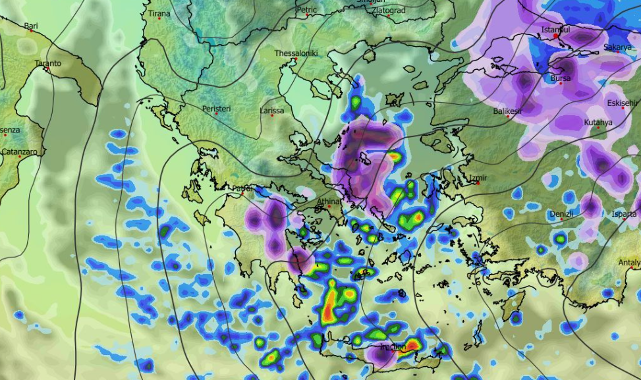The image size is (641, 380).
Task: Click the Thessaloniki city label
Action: pyautogui.click(x=296, y=53)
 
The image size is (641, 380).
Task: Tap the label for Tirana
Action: pyautogui.click(x=159, y=13)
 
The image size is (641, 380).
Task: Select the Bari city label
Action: pyautogui.click(x=31, y=26)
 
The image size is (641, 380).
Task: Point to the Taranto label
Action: pyautogui.click(x=48, y=63)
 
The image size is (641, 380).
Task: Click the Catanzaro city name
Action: pyautogui.click(x=20, y=151)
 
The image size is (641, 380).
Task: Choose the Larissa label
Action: pyautogui.click(x=272, y=111)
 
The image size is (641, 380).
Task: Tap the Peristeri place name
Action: pyautogui.click(x=217, y=108)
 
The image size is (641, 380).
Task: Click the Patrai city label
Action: pyautogui.click(x=242, y=188)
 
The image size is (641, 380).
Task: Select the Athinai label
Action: pyautogui.click(x=329, y=202)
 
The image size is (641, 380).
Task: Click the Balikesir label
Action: pyautogui.click(x=508, y=111)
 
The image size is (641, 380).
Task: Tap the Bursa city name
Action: pyautogui.click(x=561, y=78)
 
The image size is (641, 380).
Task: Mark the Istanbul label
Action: pyautogui.click(x=555, y=30)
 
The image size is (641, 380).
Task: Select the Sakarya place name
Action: pyautogui.click(x=617, y=47)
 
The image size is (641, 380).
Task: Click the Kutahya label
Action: pyautogui.click(x=598, y=122)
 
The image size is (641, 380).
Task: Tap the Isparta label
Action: pyautogui.click(x=624, y=214)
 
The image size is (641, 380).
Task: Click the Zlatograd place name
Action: pyautogui.click(x=389, y=11)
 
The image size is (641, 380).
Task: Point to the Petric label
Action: pyautogui.click(x=307, y=10)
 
